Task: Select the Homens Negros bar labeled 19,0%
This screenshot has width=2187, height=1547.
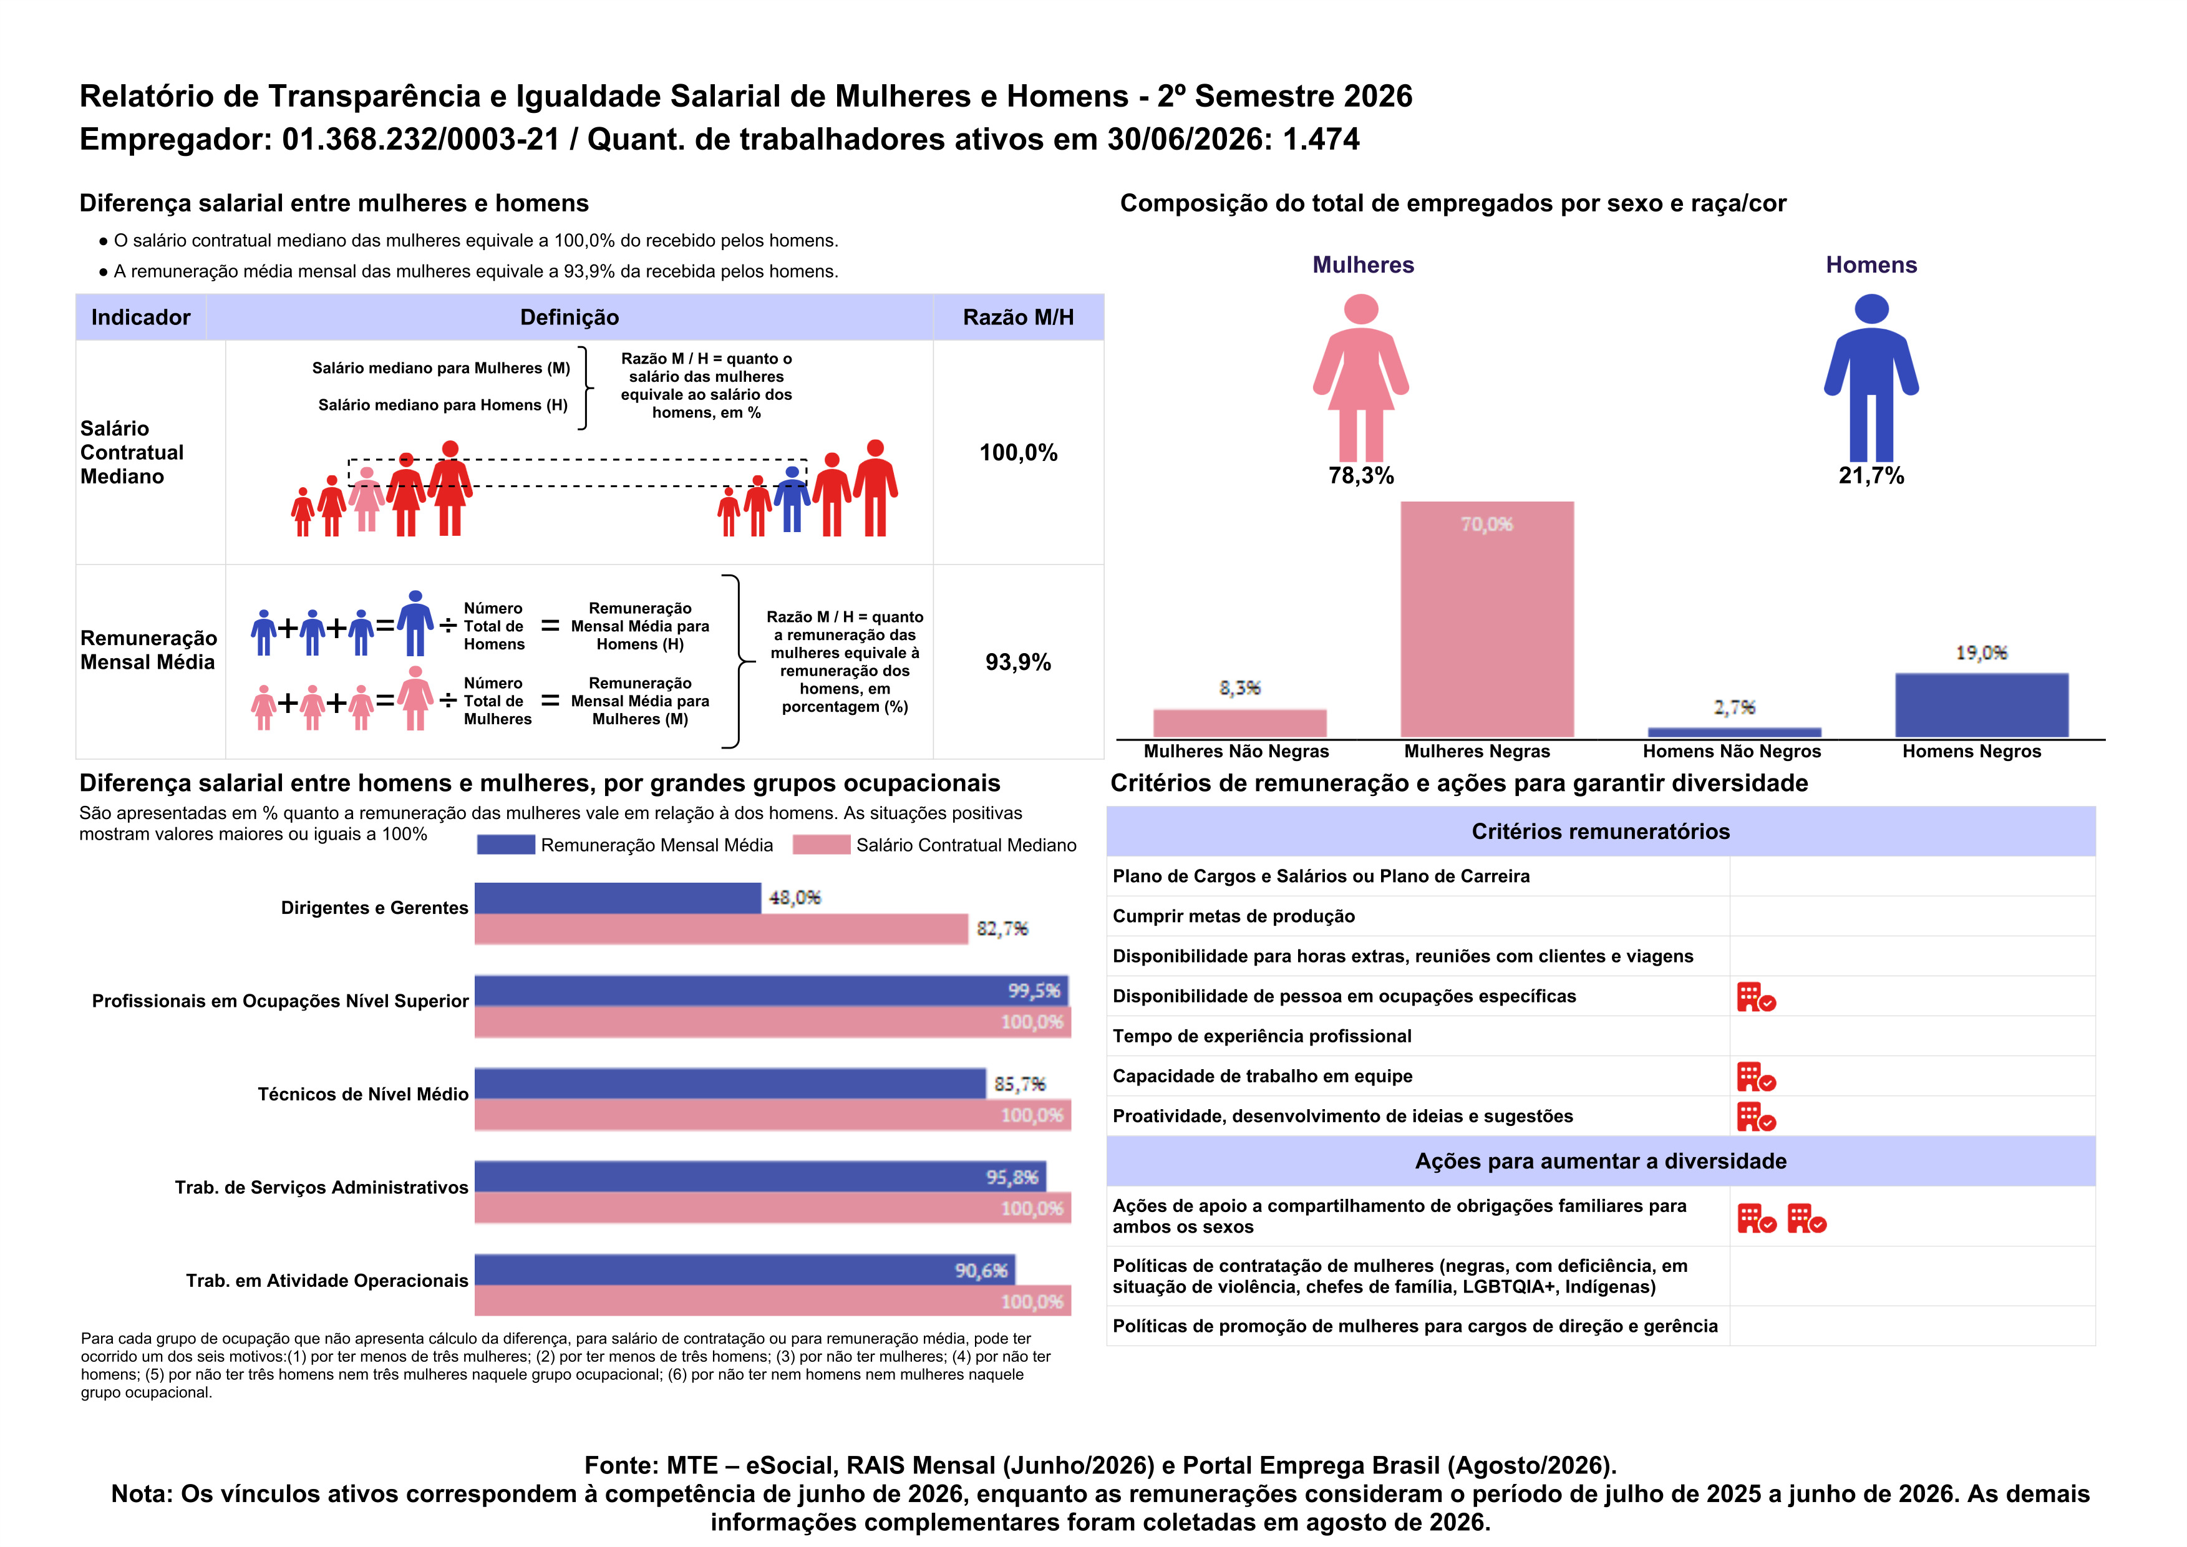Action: (x=1981, y=705)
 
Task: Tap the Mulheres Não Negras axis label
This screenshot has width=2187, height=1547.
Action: (x=1236, y=752)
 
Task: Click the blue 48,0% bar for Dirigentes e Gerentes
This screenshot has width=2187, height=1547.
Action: (x=617, y=898)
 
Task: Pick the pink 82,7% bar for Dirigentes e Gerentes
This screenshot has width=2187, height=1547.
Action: (x=721, y=929)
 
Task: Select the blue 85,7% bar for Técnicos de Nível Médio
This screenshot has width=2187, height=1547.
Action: (x=730, y=1084)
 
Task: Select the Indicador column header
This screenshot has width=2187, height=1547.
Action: (x=141, y=318)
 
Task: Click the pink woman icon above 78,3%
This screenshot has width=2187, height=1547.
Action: (x=1361, y=377)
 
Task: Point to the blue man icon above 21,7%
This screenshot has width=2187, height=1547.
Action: (x=1872, y=377)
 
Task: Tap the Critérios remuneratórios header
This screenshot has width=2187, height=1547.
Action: (x=1600, y=832)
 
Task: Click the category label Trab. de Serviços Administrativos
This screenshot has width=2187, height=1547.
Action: (x=322, y=1188)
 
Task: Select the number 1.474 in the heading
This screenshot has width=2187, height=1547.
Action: (x=1321, y=139)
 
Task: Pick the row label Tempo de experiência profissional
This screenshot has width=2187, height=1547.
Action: (x=1262, y=1036)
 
